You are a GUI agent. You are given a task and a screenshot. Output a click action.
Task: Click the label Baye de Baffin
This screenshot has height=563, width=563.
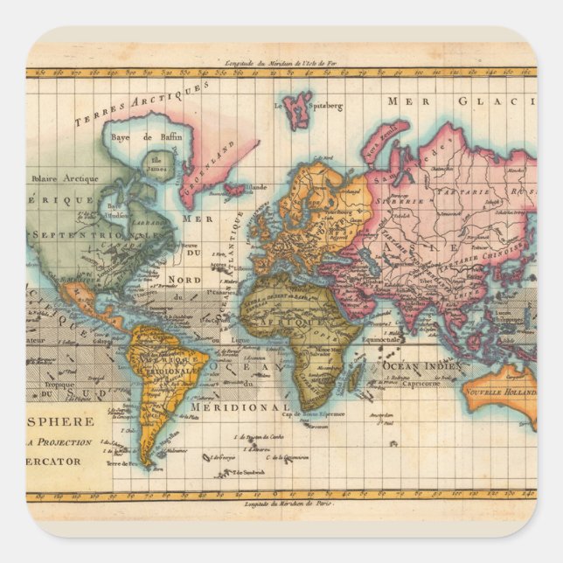tap(147, 137)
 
